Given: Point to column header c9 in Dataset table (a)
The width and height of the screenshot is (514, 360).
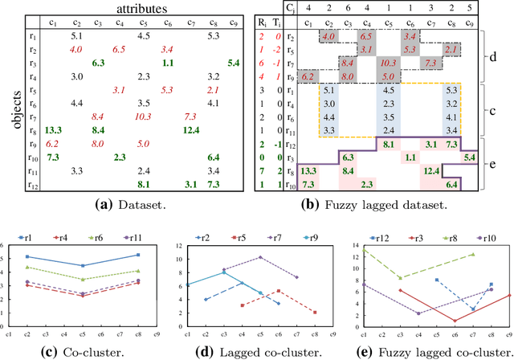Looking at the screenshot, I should pyautogui.click(x=234, y=22).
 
